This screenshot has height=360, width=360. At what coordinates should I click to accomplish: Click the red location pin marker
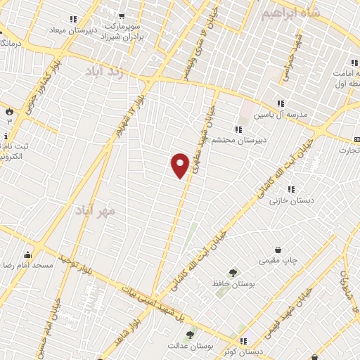click(180, 164)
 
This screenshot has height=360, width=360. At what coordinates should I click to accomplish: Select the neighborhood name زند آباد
click(105, 71)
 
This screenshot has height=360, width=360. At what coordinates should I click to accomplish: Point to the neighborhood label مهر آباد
click(96, 209)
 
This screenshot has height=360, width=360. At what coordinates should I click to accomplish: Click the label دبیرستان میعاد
click(72, 30)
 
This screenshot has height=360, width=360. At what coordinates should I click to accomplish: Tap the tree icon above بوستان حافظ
click(233, 272)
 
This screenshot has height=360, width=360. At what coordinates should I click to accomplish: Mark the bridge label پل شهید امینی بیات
click(149, 299)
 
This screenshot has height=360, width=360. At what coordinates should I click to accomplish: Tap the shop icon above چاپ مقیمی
click(278, 250)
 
